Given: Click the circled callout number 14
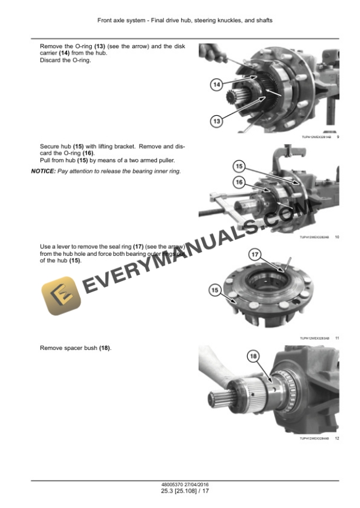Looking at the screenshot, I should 216,85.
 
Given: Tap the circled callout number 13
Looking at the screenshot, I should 216,121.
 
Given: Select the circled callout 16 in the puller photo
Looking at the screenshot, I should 239,182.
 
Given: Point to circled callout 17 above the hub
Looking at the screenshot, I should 255,255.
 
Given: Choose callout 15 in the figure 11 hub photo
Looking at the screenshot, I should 215,290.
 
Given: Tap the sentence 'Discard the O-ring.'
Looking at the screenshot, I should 65,61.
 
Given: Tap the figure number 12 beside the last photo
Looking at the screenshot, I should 337,439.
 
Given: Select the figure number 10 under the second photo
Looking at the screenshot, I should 337,237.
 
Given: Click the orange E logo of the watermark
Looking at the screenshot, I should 61,297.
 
